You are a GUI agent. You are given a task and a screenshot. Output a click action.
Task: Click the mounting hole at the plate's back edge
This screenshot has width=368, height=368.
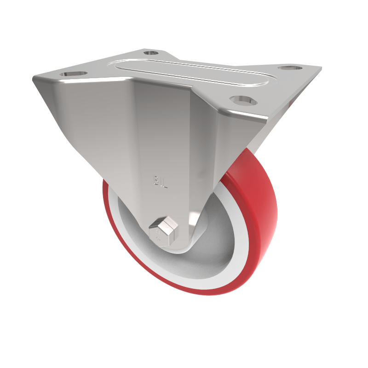point(151,52)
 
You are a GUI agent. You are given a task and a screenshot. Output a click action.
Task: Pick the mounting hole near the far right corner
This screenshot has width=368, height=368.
point(290,68)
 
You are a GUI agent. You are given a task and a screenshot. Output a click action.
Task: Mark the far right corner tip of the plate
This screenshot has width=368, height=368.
point(320,69)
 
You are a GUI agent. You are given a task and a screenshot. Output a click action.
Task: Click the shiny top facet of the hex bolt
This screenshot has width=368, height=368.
point(167,224)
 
